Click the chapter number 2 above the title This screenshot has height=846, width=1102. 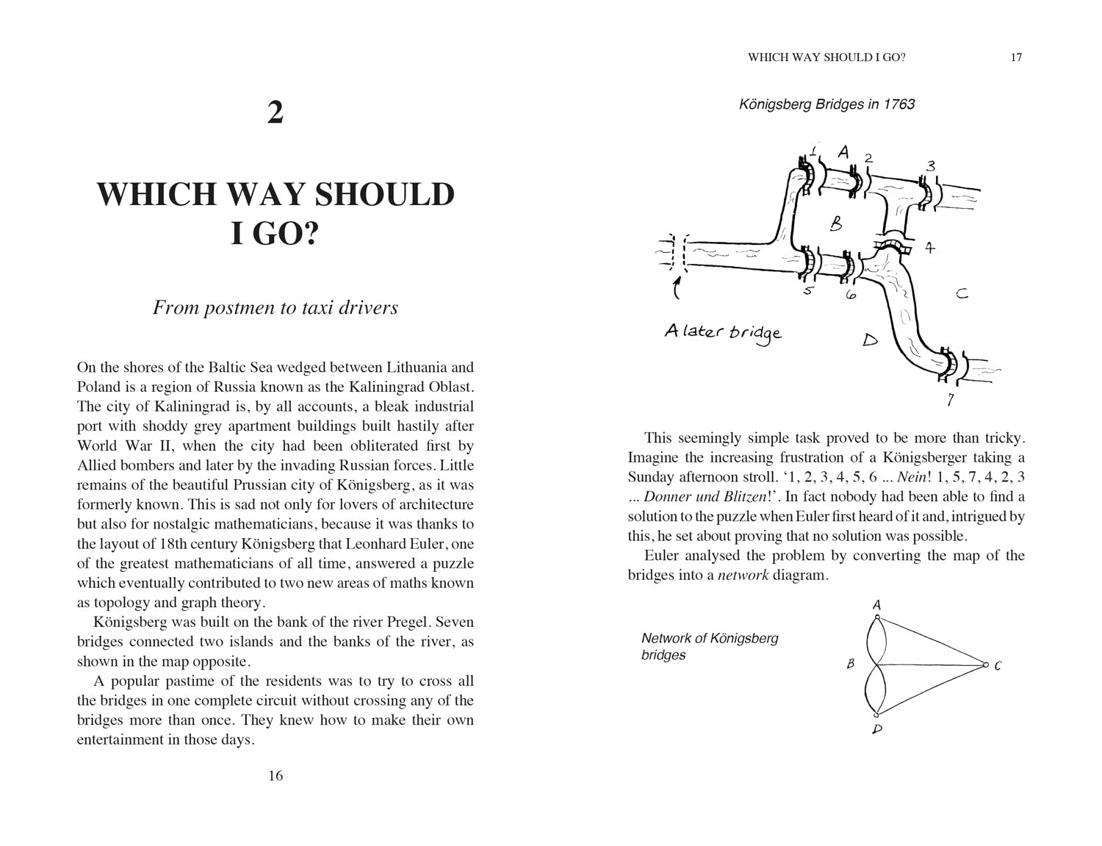(x=275, y=113)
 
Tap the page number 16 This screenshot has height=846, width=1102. (x=275, y=775)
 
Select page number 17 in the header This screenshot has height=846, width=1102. (x=1016, y=57)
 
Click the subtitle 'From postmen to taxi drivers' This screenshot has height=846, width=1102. (x=275, y=307)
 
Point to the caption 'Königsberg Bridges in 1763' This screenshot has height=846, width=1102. (x=826, y=104)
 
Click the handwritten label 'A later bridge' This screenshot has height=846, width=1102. (x=723, y=332)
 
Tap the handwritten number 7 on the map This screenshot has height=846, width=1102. (x=951, y=400)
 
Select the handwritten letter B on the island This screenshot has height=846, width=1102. (x=836, y=223)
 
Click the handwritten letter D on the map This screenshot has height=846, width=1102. (x=870, y=340)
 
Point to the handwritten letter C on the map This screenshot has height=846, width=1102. (x=962, y=294)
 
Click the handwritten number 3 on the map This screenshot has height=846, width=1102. (x=930, y=165)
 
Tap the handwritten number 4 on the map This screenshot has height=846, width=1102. (x=930, y=248)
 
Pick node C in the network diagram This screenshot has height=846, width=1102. (x=985, y=665)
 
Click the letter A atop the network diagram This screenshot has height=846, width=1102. (x=876, y=605)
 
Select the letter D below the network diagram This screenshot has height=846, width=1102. (x=877, y=729)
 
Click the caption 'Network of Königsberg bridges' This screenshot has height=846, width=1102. (x=709, y=647)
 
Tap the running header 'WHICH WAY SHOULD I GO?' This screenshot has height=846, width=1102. (x=826, y=57)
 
